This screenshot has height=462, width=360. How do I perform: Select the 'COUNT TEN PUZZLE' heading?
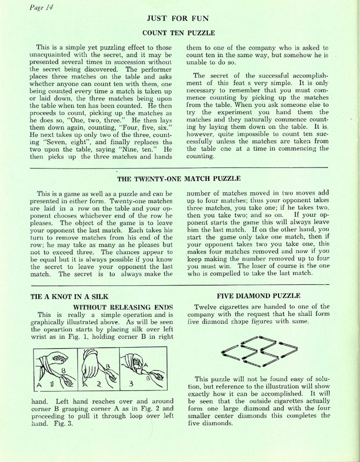click(179, 35)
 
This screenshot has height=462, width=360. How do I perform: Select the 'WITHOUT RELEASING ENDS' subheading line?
click(124, 307)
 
